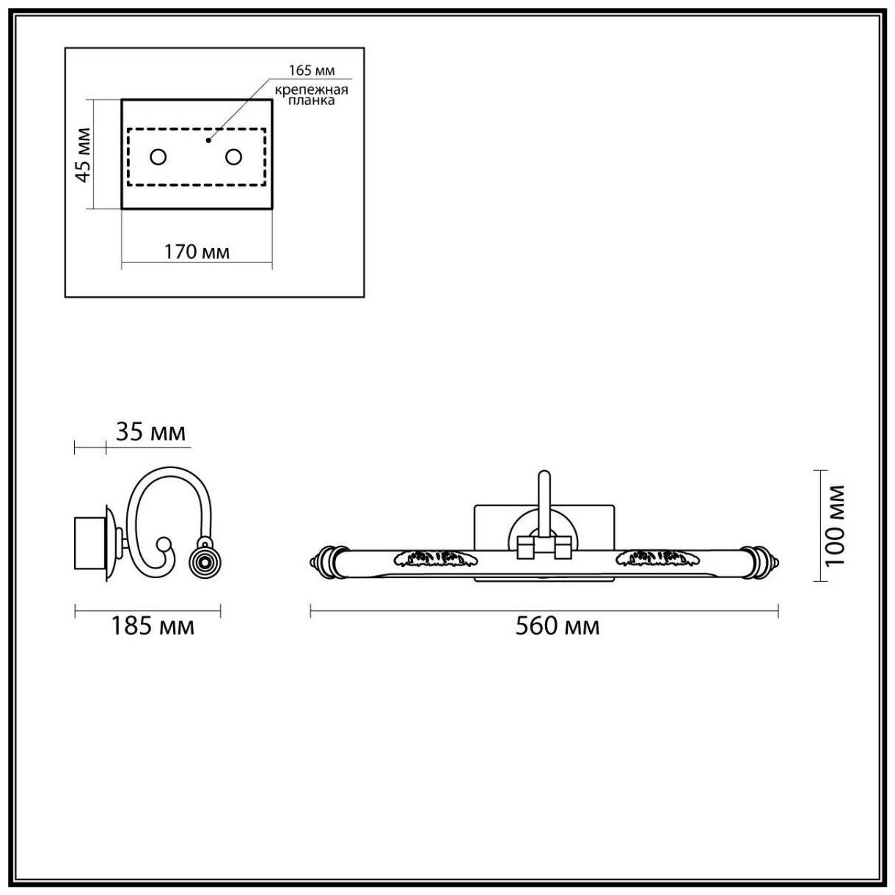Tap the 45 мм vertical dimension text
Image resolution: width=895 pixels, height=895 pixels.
(84, 156)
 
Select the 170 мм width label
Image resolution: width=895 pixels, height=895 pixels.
(197, 252)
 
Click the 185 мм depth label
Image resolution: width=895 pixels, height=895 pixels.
(153, 626)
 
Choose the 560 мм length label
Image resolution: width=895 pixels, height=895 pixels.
(557, 626)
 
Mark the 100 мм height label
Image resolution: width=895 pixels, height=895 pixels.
(835, 525)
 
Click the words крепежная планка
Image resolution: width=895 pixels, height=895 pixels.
(311, 95)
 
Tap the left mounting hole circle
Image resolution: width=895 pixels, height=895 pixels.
(158, 157)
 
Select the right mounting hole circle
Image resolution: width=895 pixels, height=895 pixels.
(234, 157)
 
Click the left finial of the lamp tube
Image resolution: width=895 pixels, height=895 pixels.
(324, 560)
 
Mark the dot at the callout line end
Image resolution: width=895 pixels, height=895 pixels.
(208, 139)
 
